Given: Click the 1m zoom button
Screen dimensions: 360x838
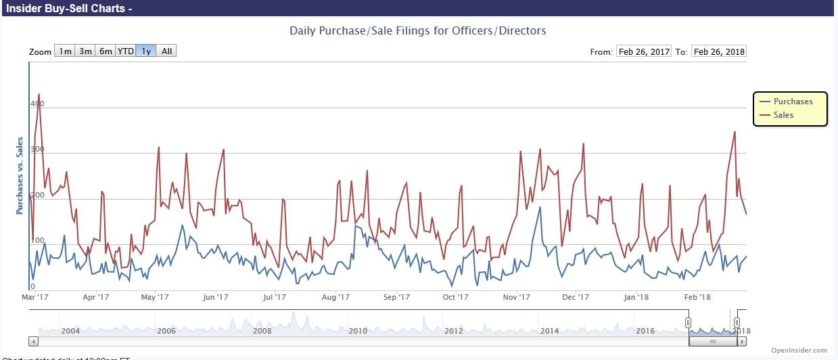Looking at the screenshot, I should [65, 51].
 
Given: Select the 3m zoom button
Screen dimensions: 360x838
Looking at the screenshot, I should [85, 51].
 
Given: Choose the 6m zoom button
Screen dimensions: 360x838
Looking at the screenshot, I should [106, 51].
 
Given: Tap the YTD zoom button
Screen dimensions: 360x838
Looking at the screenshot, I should [125, 51].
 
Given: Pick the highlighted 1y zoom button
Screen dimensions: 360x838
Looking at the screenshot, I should [145, 51].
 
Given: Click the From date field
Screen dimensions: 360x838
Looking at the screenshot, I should [643, 51].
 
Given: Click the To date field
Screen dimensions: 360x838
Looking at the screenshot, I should [719, 51].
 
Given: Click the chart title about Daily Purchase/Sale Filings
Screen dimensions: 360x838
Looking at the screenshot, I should [417, 30].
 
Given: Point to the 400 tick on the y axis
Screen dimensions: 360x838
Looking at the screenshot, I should [37, 104].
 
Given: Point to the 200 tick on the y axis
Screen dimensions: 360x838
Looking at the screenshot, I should [37, 195].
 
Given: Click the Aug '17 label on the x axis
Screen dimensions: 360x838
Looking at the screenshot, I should [335, 296].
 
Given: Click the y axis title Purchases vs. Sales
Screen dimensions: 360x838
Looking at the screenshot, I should [20, 175].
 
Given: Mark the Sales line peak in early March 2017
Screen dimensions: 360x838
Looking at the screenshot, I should [39, 94].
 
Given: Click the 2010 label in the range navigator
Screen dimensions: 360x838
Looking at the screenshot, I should [358, 330].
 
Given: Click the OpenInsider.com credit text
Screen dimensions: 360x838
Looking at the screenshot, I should [799, 351].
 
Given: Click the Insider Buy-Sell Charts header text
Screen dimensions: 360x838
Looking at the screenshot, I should [69, 8].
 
